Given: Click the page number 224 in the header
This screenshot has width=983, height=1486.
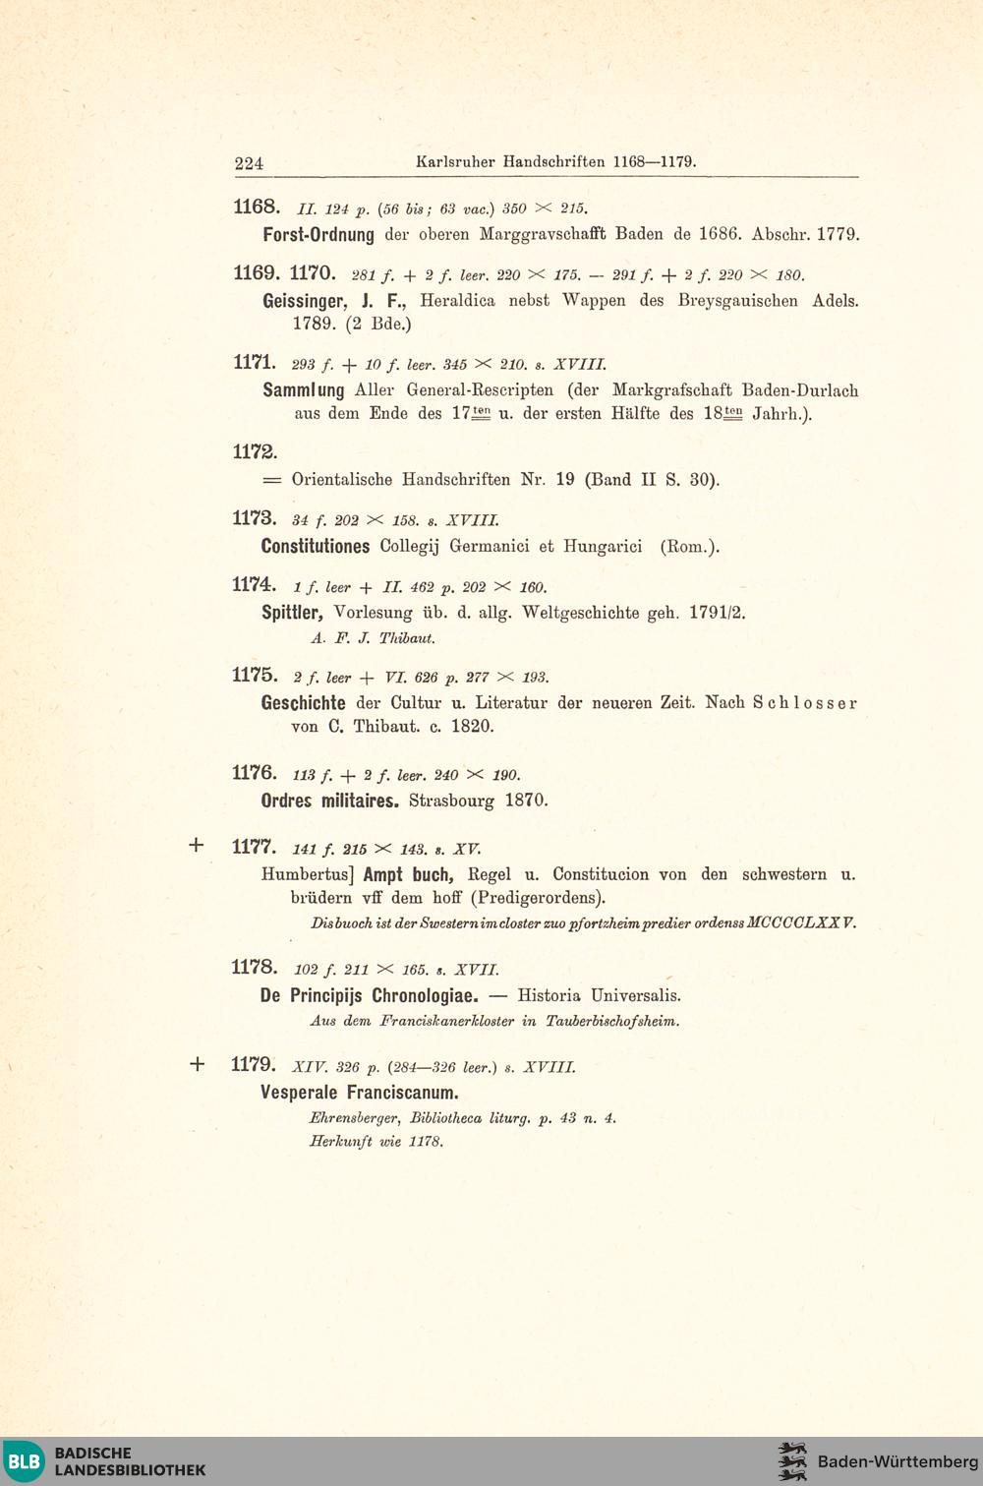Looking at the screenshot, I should (249, 163).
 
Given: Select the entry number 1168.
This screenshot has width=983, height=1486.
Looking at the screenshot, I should (257, 207).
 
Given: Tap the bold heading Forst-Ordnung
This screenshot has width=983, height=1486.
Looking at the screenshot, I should (318, 235).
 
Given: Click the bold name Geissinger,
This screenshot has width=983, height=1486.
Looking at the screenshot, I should (305, 301).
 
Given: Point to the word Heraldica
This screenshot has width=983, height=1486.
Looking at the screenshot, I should (457, 301).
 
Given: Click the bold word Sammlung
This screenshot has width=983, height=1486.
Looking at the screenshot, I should (304, 390).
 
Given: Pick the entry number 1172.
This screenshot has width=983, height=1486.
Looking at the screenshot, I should (255, 452).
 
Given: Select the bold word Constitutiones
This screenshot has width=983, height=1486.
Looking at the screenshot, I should (316, 547).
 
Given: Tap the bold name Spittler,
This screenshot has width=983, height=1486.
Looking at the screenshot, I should (292, 613).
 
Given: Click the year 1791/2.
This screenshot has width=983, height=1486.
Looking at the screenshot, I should (717, 613).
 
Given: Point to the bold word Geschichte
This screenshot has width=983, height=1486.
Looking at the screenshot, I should (303, 703).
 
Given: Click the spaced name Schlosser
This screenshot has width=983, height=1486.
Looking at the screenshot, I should (805, 703).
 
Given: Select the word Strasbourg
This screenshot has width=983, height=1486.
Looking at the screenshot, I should (451, 801).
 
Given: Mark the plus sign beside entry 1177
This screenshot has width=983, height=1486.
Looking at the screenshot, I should (197, 845).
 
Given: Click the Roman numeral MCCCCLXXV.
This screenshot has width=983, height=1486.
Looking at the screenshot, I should (801, 923).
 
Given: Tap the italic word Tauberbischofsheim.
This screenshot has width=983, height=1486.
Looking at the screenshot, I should (612, 1021).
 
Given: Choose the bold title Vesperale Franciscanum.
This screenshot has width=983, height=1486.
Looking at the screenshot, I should (360, 1093).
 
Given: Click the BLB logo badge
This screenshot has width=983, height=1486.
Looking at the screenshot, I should (25, 1461).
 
